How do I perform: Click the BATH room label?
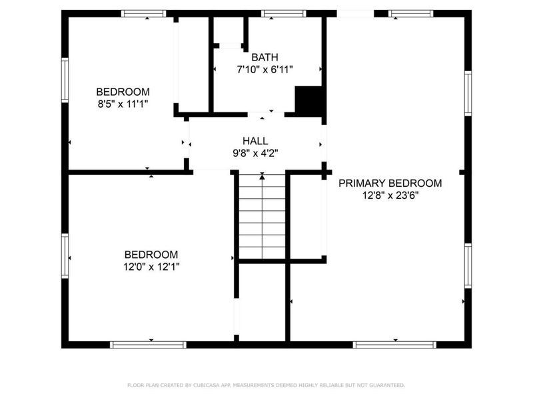click(265, 57)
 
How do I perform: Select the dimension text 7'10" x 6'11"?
click(265, 69)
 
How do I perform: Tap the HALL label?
click(255, 141)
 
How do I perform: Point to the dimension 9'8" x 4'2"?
click(255, 153)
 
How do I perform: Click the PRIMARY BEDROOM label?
click(390, 183)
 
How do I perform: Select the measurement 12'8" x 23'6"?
click(390, 195)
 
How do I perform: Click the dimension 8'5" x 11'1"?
click(123, 104)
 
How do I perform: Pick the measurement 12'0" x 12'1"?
click(151, 266)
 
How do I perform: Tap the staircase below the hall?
click(263, 217)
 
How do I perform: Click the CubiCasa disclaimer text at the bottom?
click(266, 385)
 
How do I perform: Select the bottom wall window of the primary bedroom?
click(394, 344)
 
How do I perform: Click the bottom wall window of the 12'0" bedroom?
click(147, 344)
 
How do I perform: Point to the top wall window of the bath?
click(283, 13)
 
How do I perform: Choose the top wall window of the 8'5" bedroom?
click(143, 13)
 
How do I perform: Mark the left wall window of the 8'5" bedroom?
click(65, 80)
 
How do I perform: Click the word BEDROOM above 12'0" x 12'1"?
click(151, 254)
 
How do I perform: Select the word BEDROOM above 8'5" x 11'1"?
click(123, 92)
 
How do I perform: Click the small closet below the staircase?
click(263, 303)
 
